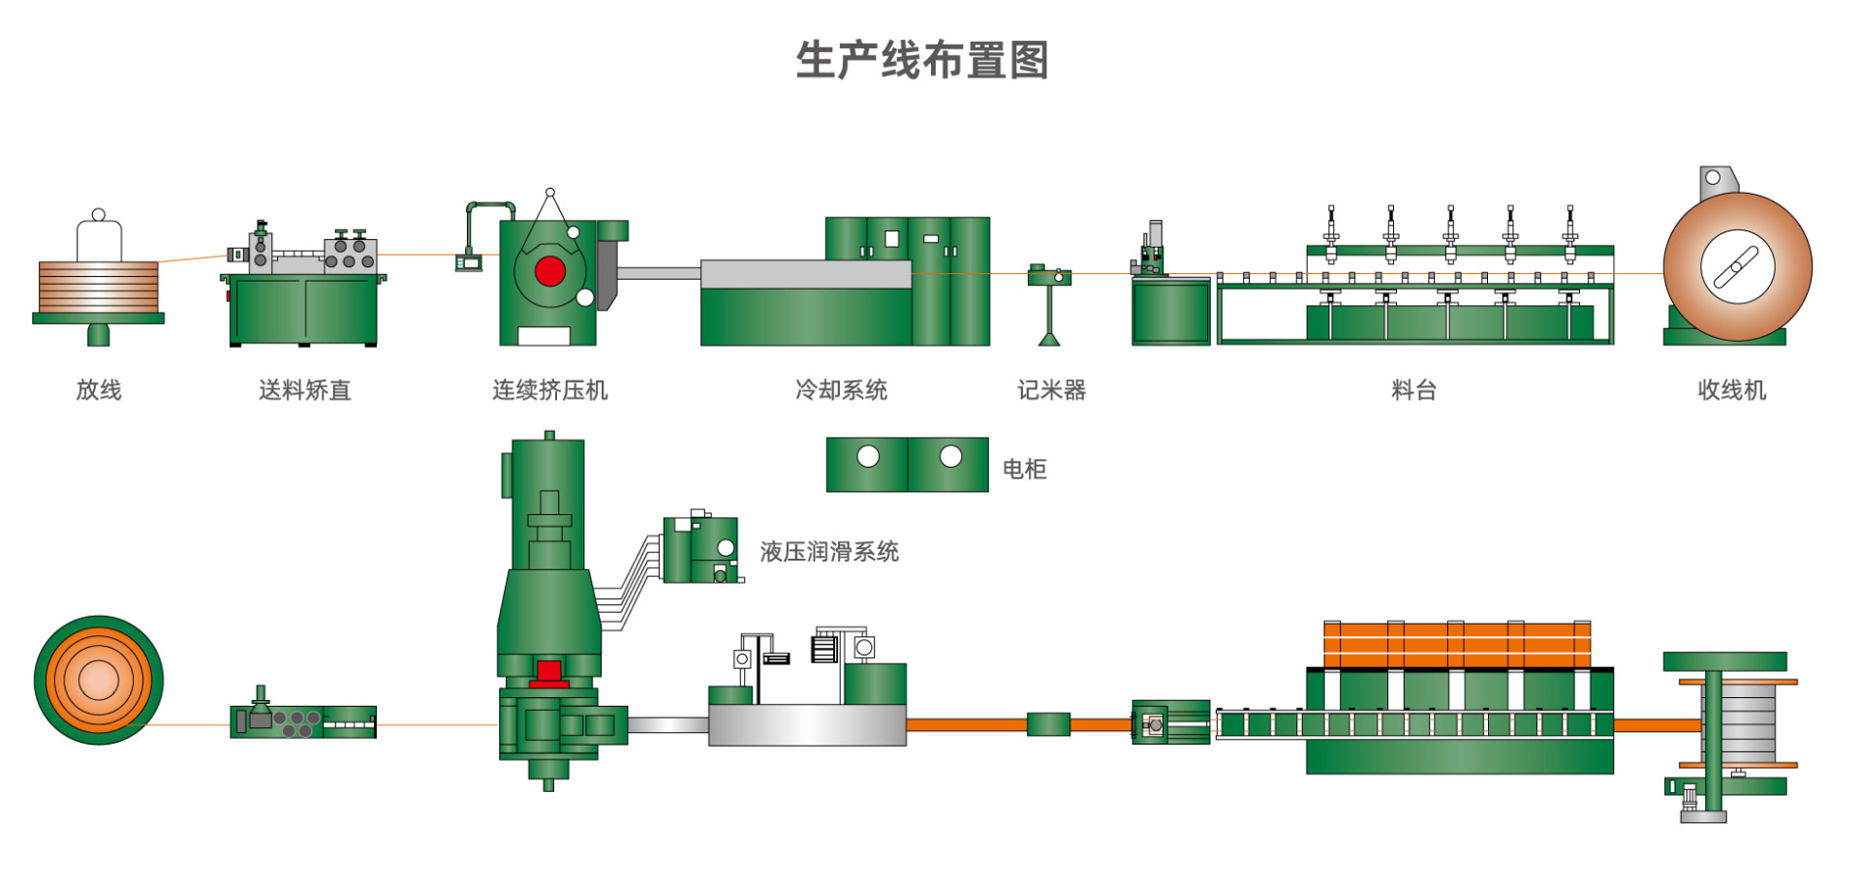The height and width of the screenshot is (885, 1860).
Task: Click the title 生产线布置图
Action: (x=922, y=60)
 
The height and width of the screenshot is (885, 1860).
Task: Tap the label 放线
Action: (x=99, y=390)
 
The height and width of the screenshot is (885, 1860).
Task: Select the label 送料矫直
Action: (x=304, y=390)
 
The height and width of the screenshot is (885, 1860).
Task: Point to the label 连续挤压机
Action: (x=549, y=390)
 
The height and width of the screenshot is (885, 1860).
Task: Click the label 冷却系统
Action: (x=841, y=390)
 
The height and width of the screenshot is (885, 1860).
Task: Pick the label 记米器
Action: (x=1051, y=390)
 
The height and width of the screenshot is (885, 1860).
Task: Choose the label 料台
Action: (x=1413, y=390)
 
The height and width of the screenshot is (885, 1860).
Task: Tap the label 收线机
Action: (x=1732, y=390)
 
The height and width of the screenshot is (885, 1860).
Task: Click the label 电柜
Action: (x=1024, y=470)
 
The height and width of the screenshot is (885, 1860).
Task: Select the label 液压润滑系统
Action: (x=829, y=552)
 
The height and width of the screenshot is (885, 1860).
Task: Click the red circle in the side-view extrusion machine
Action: (x=549, y=272)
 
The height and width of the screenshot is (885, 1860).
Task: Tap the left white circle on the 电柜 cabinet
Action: (x=868, y=456)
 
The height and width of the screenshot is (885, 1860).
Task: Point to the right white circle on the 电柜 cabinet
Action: (x=950, y=456)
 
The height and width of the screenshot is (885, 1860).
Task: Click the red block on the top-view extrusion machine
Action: (x=549, y=672)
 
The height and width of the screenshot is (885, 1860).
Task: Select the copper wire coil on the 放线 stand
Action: (x=99, y=287)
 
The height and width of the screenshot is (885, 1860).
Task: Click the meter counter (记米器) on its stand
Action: (x=1049, y=276)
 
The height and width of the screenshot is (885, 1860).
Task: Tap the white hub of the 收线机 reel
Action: (x=1737, y=266)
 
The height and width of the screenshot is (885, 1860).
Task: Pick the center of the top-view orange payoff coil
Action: (x=98, y=680)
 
